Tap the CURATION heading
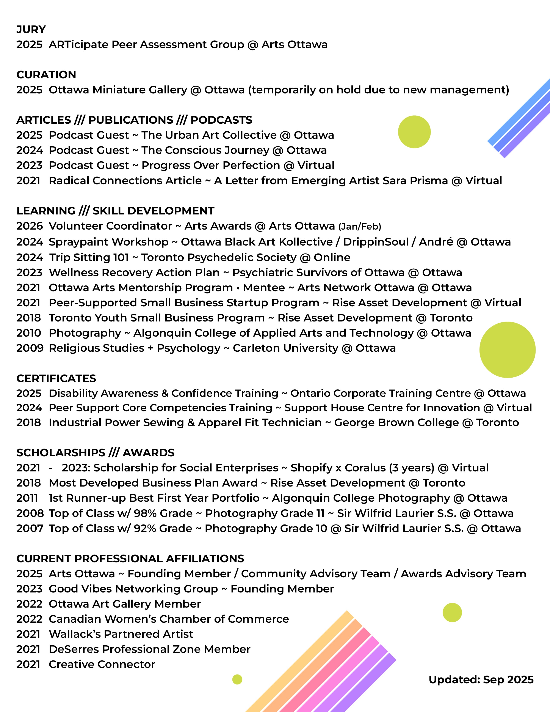[46, 75]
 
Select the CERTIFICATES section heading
[56, 378]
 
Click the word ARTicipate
[78, 45]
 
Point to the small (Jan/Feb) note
[360, 227]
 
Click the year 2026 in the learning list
[29, 226]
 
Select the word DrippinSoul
[376, 242]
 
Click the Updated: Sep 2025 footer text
[481, 679]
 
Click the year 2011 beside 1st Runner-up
[27, 498]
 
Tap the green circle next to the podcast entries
[414, 132]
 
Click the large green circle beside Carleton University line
[507, 350]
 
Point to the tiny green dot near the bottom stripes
[237, 679]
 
